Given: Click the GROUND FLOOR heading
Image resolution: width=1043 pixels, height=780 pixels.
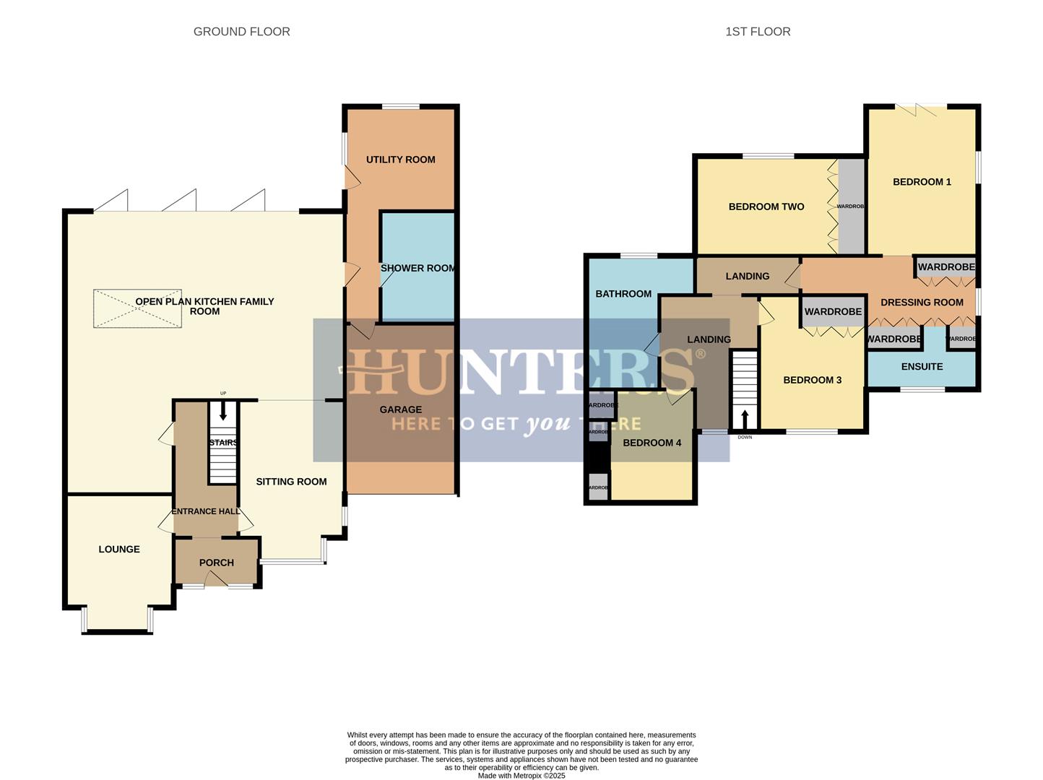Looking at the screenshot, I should pos(241,32).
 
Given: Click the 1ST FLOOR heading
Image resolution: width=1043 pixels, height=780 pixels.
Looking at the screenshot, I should pos(758,32).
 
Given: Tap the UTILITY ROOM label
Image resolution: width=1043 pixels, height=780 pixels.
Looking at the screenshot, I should pos(400,160).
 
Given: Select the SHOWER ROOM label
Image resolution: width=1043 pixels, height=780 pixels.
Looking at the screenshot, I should pos(417,268).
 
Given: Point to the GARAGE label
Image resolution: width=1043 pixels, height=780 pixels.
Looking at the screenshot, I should pos(400,409).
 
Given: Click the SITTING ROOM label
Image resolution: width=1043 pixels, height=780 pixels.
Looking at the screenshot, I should pos(291,482).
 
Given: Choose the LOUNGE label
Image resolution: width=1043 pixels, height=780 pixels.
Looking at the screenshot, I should pos(119,549).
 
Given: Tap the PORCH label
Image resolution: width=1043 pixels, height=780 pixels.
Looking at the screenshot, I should pos(216,563).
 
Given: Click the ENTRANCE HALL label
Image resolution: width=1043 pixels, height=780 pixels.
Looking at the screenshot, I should pos(206,511).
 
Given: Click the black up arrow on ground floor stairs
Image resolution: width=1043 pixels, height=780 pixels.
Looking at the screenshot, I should pos(223,412).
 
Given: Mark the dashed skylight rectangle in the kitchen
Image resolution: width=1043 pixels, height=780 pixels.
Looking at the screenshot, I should pos(137,309).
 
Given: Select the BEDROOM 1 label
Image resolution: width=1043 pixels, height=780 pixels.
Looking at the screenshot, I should pos(922,182).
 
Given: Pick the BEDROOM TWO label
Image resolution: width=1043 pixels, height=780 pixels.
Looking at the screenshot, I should pos(766,207).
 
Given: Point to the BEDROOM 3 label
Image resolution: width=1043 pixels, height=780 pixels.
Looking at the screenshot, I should pos(812,380).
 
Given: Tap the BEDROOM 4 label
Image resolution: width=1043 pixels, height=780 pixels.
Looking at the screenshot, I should pos(652,443).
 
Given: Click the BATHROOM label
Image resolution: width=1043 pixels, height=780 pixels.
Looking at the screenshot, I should pos(623,294).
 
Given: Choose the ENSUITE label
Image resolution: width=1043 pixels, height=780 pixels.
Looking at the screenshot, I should pos(922,367).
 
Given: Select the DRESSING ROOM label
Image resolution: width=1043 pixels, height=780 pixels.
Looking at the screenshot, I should pos(922,303).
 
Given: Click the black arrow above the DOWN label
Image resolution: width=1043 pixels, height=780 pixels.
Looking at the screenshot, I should pos(745,420).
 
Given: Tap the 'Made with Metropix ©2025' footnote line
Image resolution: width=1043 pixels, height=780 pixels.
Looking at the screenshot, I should pos(521,776).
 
